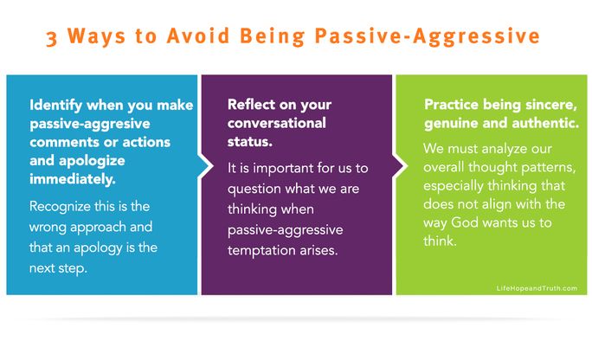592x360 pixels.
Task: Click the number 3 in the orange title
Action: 52,38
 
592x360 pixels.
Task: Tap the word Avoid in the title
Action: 198,35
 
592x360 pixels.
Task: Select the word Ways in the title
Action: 96,35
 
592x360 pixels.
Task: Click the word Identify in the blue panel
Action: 55,105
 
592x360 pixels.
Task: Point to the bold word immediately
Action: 73,179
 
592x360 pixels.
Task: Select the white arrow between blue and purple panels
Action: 205,165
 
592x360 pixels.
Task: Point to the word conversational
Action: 277,123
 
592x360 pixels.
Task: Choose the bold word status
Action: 250,141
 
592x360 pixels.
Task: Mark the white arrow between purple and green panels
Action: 400,165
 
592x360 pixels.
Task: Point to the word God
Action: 465,222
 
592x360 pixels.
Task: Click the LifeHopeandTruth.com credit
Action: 537,288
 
